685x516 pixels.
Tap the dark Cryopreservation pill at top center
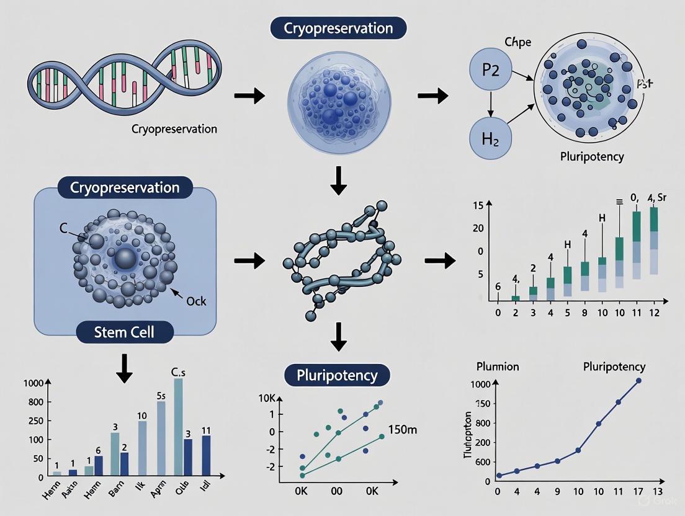tap(338, 29)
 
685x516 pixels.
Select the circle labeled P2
tap(490, 69)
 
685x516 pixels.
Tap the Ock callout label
tap(197, 301)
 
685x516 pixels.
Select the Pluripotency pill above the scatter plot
tap(337, 376)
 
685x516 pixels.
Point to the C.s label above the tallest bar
tap(179, 372)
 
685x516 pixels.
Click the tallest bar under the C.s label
tap(179, 428)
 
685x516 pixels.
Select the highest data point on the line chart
tap(638, 381)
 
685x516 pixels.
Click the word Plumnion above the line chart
tap(498, 367)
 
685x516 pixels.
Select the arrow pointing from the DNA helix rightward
tap(249, 96)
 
